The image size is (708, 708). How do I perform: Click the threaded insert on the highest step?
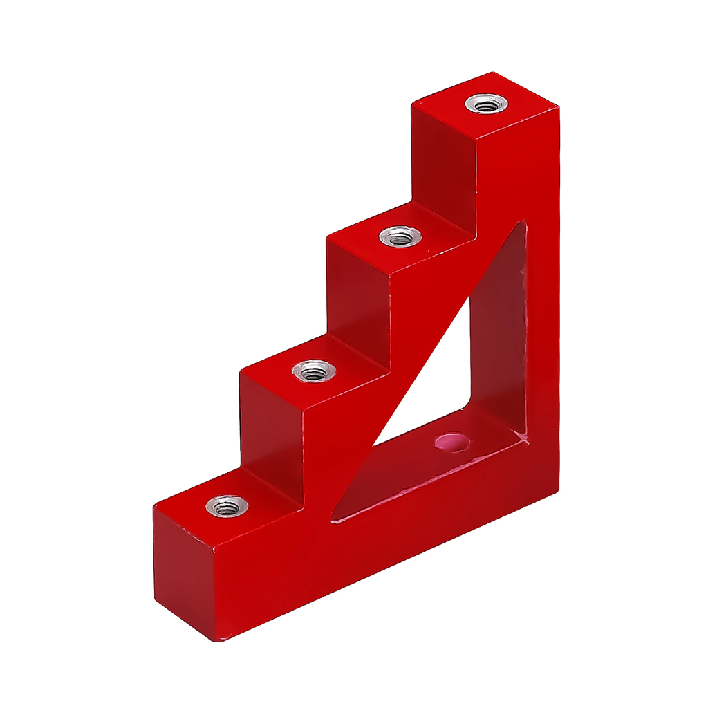[x=485, y=104]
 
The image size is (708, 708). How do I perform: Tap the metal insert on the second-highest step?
[x=400, y=237]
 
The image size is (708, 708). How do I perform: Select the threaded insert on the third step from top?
[x=314, y=371]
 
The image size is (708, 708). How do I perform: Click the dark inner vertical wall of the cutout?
[x=498, y=332]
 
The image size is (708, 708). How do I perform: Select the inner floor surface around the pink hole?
[x=415, y=470]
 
